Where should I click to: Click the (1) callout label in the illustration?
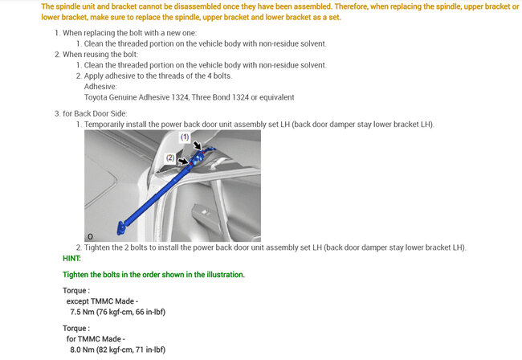(x=183, y=137)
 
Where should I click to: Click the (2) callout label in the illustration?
(x=170, y=158)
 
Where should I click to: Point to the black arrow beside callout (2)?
(x=183, y=162)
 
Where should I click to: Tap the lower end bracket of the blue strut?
(x=122, y=227)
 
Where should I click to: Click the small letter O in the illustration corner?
(x=90, y=236)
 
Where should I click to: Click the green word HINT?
(x=71, y=258)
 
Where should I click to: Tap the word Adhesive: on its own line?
(x=100, y=86)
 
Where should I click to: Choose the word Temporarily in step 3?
(x=108, y=125)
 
